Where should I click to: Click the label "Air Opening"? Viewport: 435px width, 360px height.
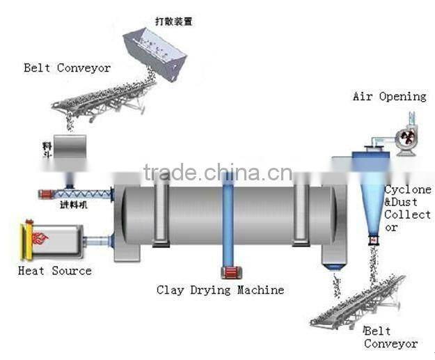(389, 97)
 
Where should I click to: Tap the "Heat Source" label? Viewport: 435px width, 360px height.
(55, 270)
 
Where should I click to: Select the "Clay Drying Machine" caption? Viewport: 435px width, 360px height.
(220, 290)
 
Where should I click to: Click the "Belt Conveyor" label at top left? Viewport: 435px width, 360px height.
(68, 68)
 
